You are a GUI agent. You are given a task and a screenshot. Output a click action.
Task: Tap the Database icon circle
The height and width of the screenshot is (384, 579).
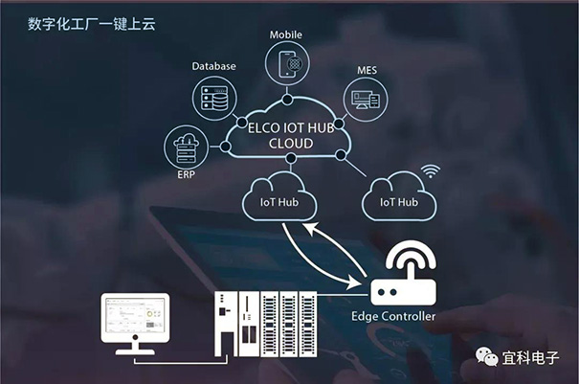tap(214, 98)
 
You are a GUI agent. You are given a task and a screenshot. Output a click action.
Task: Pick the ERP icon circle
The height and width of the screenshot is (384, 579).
tap(187, 147)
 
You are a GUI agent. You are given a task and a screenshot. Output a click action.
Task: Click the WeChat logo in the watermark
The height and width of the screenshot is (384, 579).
tap(487, 356)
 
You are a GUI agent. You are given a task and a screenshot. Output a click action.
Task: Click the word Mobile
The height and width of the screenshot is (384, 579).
tap(285, 34)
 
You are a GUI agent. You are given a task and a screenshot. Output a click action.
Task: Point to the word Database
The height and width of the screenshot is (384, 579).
tap(214, 66)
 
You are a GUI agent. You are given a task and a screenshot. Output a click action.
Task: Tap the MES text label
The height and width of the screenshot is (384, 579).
tap(367, 69)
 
